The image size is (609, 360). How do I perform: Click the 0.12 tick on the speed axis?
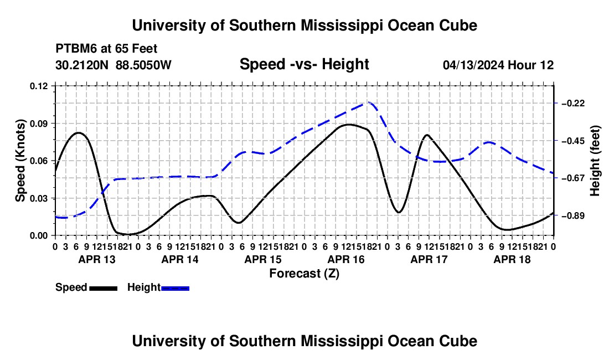coord(39,86)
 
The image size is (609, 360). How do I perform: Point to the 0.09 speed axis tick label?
coord(39,124)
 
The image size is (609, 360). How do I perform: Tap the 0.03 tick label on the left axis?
coord(39,198)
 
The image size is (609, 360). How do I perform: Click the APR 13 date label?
coord(97,259)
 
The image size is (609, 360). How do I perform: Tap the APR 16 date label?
coord(346,259)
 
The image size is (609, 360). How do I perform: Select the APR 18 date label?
coord(512,259)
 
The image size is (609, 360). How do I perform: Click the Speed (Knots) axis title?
coord(20,161)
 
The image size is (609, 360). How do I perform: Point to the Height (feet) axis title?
coord(595,161)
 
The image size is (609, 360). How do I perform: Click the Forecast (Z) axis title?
coord(304,274)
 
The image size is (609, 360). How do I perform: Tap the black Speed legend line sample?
coord(104,289)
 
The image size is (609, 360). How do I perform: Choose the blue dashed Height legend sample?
coord(175,289)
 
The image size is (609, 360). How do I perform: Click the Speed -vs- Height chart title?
coord(304,64)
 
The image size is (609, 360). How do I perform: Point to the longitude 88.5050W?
coord(143,65)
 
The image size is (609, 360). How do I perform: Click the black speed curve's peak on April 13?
coord(79,133)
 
